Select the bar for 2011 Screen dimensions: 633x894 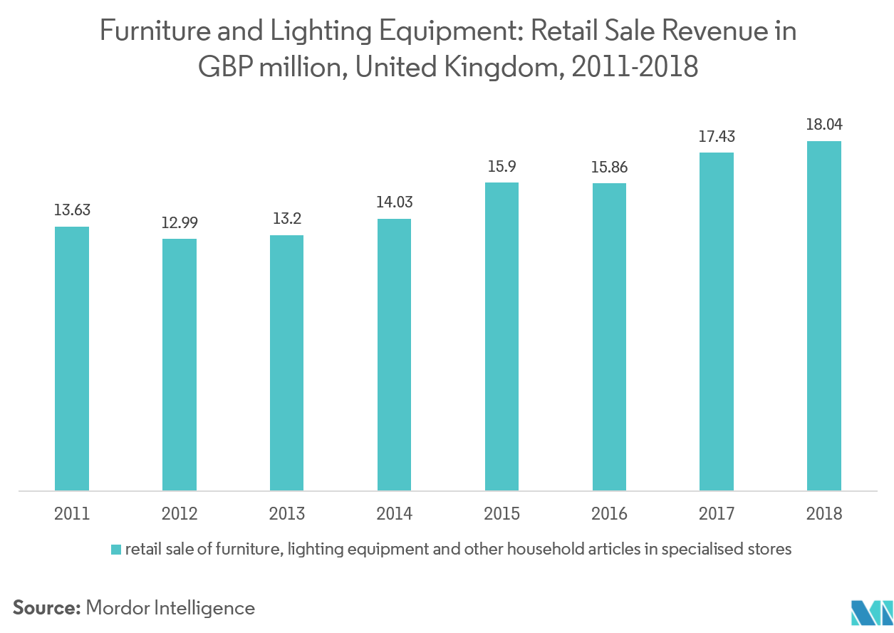(72, 359)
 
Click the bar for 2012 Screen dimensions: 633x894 (180, 364)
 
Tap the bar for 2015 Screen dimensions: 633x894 (501, 336)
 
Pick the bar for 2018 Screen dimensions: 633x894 (824, 316)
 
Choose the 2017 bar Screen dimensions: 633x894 (717, 321)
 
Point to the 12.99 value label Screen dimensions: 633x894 (180, 222)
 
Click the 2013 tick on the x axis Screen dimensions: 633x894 (287, 513)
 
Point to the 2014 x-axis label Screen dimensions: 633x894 (395, 513)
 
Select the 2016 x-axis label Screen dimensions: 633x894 (609, 513)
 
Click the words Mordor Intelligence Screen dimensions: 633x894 (170, 608)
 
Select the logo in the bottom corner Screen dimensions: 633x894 (871, 611)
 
